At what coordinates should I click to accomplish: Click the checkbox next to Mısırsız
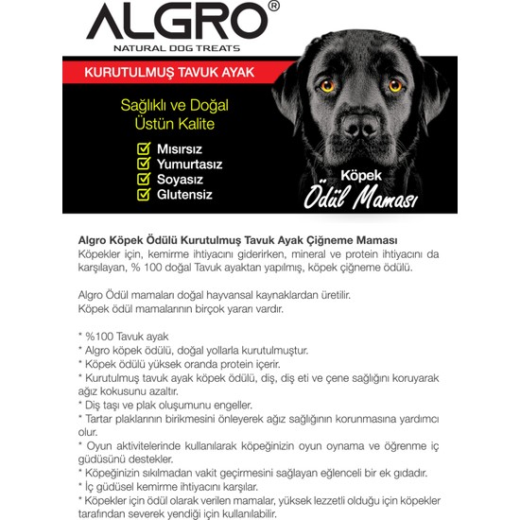coord(144,149)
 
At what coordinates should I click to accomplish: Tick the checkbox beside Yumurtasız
coord(144,165)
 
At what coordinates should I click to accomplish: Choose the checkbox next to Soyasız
coord(144,180)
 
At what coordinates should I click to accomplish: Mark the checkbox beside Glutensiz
coord(144,195)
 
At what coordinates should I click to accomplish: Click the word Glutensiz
coord(185,195)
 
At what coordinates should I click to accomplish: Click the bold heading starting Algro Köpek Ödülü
coord(237,240)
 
